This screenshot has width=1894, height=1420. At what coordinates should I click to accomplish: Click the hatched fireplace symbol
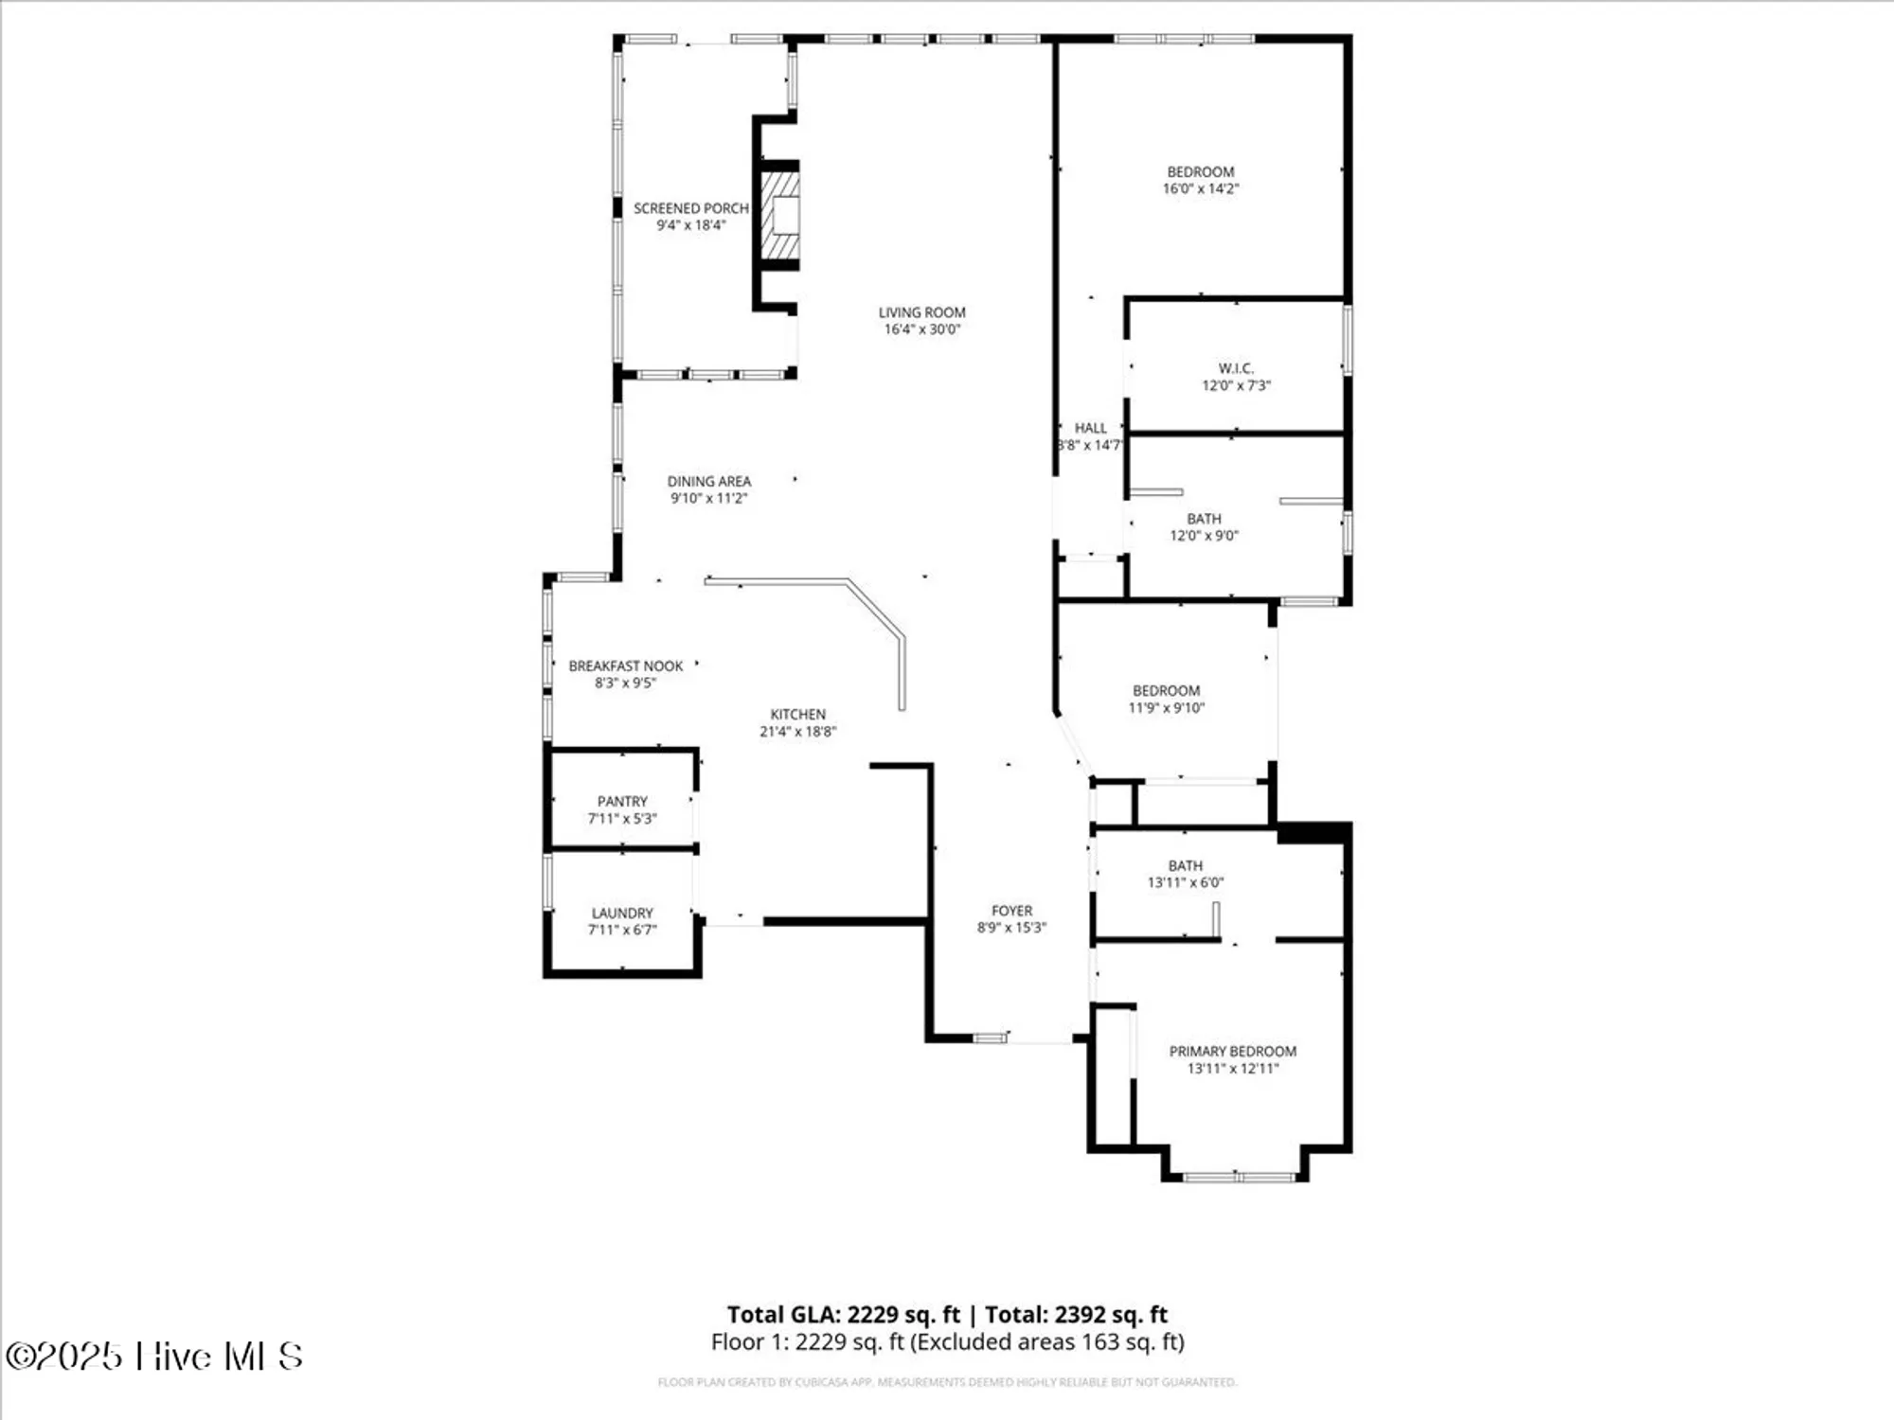coord(780,215)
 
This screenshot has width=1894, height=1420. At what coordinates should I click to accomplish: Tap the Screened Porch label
coord(690,208)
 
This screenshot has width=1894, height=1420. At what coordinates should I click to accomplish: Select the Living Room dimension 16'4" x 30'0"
coord(921,329)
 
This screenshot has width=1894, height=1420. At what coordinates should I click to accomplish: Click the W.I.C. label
coord(1236,368)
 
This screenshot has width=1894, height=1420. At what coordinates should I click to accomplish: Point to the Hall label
coord(1090,428)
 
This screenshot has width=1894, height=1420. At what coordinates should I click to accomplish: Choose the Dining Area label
coord(708,481)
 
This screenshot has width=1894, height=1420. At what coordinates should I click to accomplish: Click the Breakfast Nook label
coord(625,666)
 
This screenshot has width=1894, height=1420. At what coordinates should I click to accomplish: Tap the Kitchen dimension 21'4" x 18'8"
coord(797,731)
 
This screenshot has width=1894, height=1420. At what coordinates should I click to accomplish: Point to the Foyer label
coord(1011,911)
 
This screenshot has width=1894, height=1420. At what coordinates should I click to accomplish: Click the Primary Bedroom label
coord(1232,1051)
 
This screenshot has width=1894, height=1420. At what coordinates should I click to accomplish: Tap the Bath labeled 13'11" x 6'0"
coord(1185,873)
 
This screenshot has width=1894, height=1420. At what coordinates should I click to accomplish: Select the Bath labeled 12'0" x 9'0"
coord(1204,526)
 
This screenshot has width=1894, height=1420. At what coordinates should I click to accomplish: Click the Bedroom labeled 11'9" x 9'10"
coord(1166,699)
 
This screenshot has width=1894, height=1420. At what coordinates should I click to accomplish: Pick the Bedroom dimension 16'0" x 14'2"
coord(1200,188)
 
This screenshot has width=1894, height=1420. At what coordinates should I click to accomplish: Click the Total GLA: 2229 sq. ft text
coord(843,1314)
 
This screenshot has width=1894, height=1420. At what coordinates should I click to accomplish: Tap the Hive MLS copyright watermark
coord(153,1356)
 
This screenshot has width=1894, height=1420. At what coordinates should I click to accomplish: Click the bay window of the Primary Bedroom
coord(1238,1177)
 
